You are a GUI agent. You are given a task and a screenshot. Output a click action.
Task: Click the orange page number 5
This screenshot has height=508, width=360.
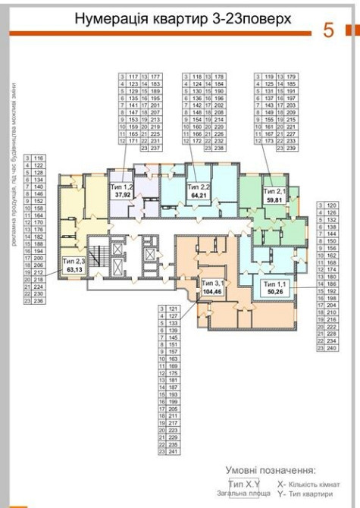click(329, 31)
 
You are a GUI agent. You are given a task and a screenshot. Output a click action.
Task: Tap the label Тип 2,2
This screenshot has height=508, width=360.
click(199, 186)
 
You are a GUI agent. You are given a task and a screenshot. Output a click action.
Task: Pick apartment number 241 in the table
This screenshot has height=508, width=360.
click(174, 452)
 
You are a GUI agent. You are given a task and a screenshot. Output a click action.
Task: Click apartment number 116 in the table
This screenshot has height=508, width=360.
click(39, 155)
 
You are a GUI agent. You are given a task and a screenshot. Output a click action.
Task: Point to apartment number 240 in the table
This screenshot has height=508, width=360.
click(331, 348)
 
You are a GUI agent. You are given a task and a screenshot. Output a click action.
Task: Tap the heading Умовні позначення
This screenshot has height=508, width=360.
click(269, 470)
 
